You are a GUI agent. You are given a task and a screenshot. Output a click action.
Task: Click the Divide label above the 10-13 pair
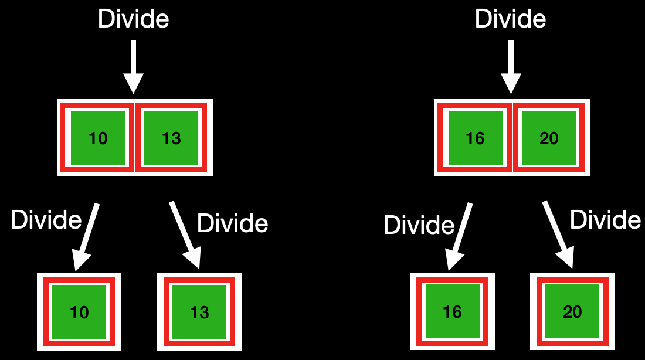coord(134,19)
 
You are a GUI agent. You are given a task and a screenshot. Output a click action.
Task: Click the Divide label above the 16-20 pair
coord(511,19)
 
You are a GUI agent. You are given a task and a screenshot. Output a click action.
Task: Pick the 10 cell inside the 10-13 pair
coord(98,138)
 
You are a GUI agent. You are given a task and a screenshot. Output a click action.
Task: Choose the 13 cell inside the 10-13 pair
coord(171,138)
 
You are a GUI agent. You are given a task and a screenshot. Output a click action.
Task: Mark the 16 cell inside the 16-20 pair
coord(475,138)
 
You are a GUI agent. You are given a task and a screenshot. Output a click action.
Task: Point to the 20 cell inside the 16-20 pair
coord(549,138)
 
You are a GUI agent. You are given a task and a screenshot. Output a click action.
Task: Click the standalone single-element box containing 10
coord(79,311)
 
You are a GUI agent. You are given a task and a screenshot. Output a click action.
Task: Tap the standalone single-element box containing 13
coord(199,311)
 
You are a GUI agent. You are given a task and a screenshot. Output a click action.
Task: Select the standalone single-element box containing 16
coord(453,311)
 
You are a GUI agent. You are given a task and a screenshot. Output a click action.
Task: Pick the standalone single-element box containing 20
coord(572,311)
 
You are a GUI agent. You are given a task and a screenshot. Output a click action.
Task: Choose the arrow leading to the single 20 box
coord(558,235)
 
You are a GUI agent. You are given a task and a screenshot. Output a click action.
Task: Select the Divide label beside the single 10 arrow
coord(46,220)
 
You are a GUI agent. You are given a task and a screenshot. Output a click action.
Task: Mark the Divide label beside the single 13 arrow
coord(233,223)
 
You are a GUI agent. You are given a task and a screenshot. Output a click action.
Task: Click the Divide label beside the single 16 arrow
coord(419,225)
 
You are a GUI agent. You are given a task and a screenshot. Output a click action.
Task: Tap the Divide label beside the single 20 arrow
coord(606,220)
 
